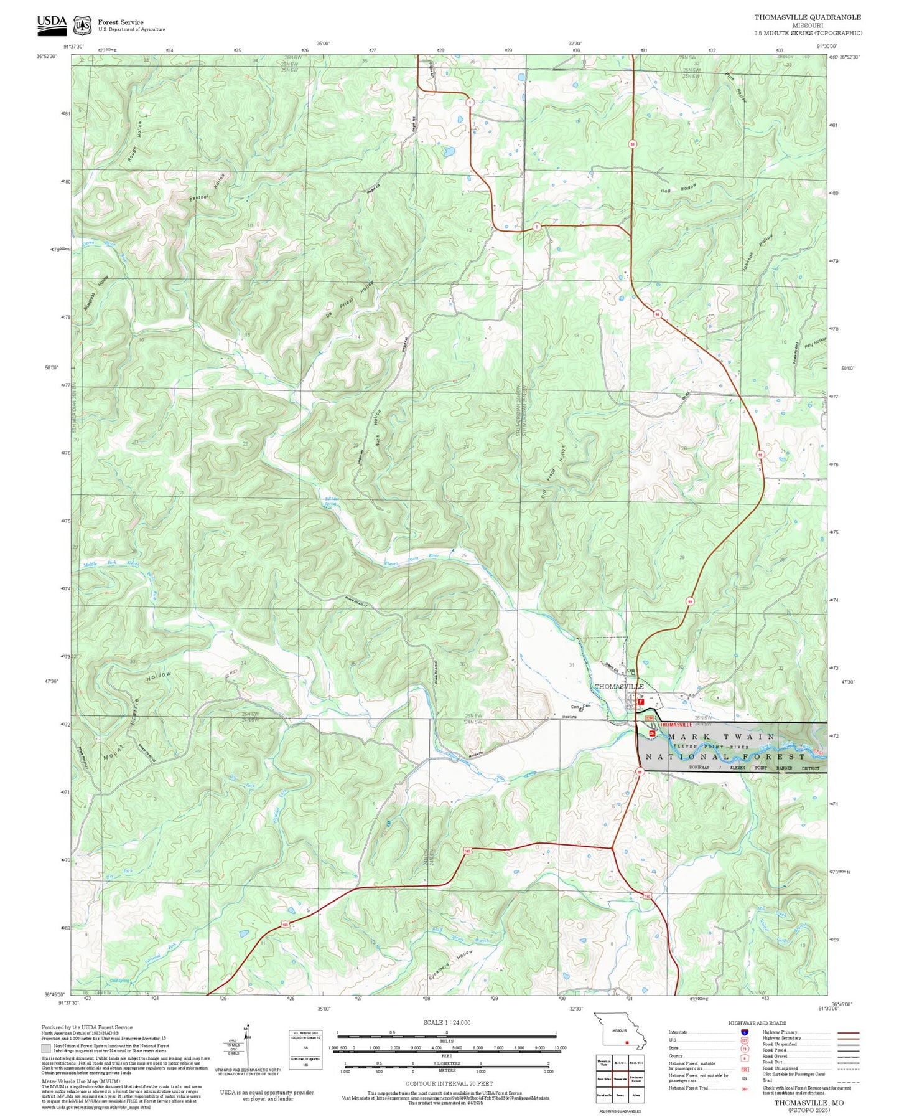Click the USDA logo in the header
[52, 23]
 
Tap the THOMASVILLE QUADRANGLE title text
[808, 17]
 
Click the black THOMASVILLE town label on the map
[618, 686]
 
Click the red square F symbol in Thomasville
[641, 701]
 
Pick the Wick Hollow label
[376, 428]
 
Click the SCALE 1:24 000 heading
[446, 1022]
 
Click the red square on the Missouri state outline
[627, 1042]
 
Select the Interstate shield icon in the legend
[744, 1032]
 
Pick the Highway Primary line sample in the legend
[848, 1032]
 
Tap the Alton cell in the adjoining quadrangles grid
[636, 1094]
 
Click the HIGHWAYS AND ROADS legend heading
[757, 1022]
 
